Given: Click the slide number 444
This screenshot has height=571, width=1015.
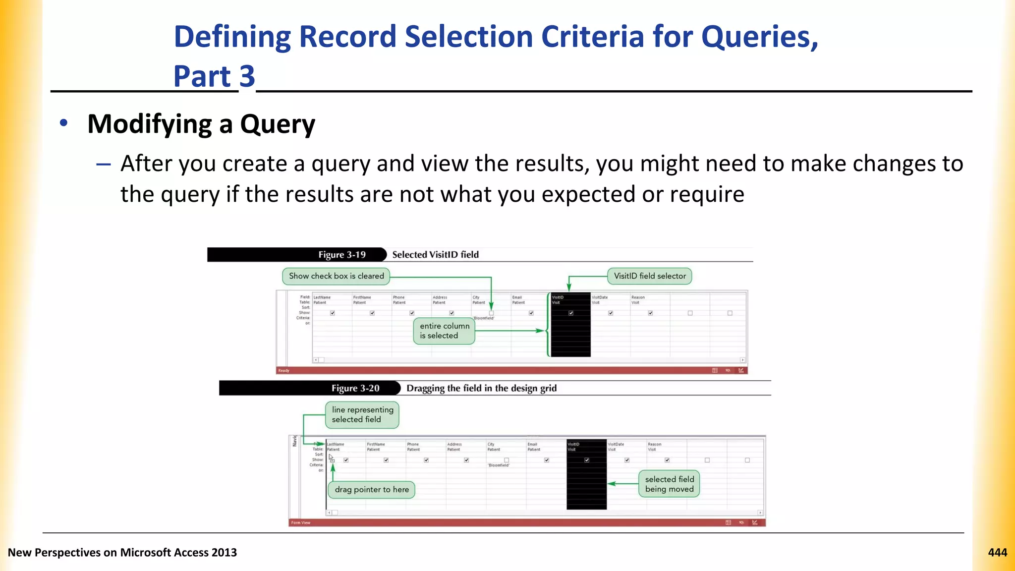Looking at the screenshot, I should pos(997,552).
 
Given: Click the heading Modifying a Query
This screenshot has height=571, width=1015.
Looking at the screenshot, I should pos(201,124).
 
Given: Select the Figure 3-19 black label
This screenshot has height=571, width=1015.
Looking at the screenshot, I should pos(342,255).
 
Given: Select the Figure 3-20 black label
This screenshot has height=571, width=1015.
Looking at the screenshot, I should pos(355,388).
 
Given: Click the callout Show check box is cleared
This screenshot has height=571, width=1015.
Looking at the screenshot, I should pos(336,276).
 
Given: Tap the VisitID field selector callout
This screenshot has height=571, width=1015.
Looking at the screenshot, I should pos(649,276).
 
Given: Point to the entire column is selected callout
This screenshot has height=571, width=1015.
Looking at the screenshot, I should pos(444,331).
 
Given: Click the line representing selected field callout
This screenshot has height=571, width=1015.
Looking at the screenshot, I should pos(362,414).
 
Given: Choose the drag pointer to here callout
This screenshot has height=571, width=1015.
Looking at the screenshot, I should pos(372,490).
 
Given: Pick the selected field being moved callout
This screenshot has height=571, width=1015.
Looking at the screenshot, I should pos(669,484).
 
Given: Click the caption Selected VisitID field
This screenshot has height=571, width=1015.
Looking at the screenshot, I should pos(435,255).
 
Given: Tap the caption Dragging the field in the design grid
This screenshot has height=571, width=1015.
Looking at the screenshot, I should pos(481,388).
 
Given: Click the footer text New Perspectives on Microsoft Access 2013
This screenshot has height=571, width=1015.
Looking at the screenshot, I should pos(122,552).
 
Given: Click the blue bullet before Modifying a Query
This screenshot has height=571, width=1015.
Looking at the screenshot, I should pos(63,123).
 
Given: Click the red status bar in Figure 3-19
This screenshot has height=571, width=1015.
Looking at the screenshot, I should pos(496,370).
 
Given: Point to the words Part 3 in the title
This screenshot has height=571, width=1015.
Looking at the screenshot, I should pos(214,76).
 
